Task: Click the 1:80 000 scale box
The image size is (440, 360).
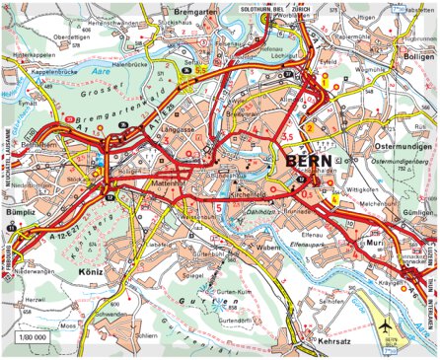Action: [x=33, y=337]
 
